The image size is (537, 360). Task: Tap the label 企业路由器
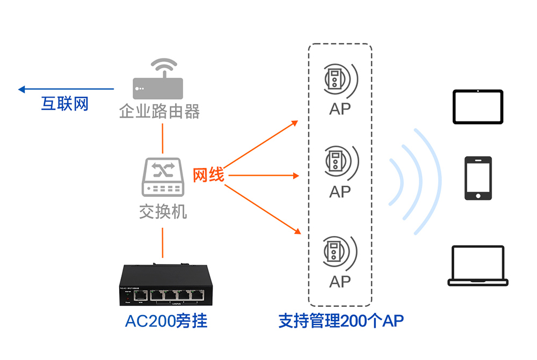click(x=159, y=112)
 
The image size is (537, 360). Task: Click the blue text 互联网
click(x=64, y=104)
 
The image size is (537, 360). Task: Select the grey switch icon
click(x=162, y=177)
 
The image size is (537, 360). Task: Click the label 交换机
click(x=163, y=211)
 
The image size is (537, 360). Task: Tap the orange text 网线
click(x=208, y=174)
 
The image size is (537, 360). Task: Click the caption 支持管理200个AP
click(x=340, y=321)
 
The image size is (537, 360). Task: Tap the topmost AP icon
click(x=336, y=79)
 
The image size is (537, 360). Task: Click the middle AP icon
click(x=336, y=161)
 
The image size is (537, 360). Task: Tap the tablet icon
click(x=477, y=107)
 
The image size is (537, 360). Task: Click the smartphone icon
click(x=478, y=178)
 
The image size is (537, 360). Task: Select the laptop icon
click(x=478, y=266)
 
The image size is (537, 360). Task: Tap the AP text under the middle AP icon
click(x=340, y=192)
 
